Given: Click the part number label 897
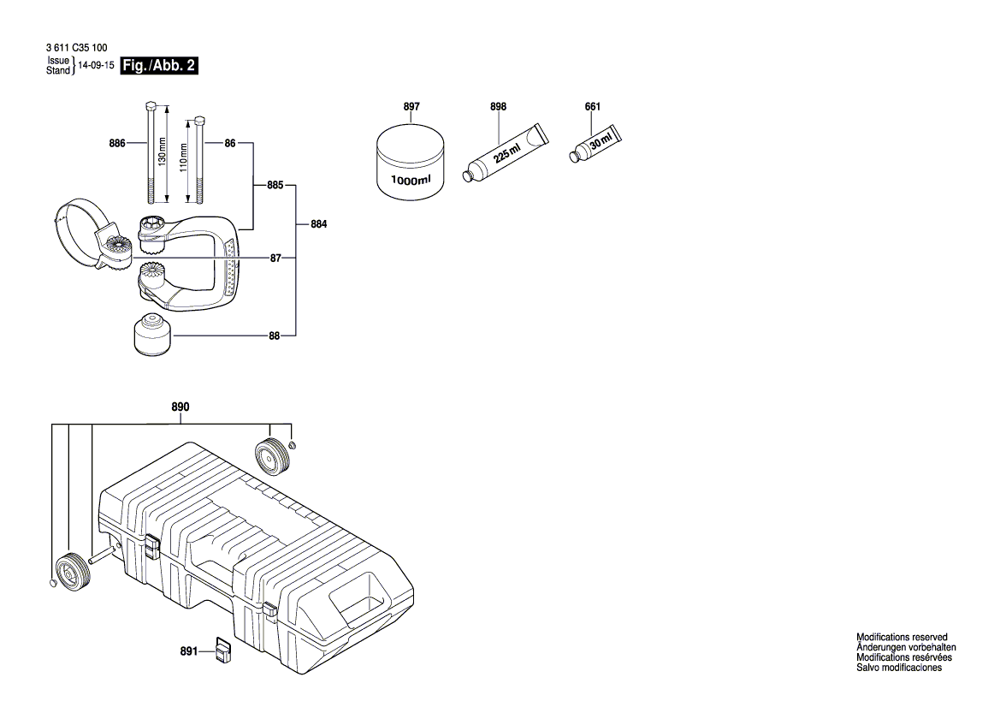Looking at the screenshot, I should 411,107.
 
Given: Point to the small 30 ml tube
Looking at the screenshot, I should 595,142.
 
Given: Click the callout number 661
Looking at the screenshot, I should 592,107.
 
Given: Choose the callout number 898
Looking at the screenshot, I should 498,107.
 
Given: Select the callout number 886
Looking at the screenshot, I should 118,143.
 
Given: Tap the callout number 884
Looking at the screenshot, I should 318,224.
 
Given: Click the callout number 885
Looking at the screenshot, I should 275,184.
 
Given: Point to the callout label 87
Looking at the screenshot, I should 275,258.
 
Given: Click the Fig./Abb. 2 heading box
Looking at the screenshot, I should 161,66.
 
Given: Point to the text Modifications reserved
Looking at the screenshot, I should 902,638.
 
